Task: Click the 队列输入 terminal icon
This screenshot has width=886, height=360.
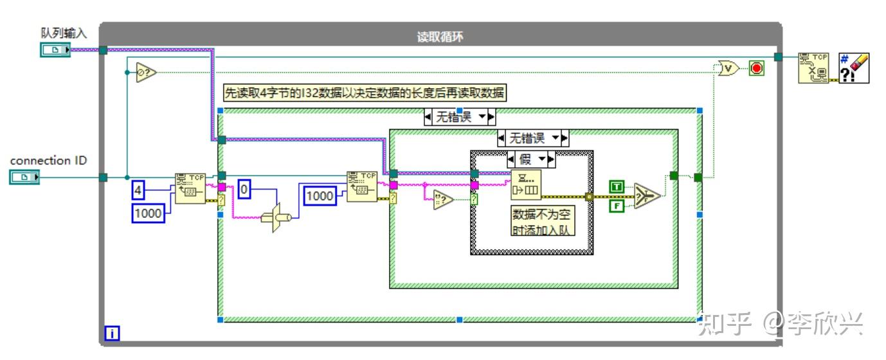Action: click(x=55, y=50)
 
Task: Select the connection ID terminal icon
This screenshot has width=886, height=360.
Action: click(x=24, y=177)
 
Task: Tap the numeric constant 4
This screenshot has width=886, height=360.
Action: click(x=138, y=190)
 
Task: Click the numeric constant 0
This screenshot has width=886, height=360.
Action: click(x=244, y=189)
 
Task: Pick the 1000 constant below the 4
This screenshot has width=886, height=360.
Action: click(x=149, y=213)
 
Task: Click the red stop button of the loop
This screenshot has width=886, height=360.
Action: click(x=756, y=68)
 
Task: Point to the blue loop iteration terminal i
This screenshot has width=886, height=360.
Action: click(x=112, y=333)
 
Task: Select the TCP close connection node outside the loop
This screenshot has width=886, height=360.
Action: click(x=813, y=68)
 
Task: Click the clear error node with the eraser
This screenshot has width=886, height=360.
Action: click(x=854, y=68)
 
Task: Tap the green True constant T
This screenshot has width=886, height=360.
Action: click(x=617, y=186)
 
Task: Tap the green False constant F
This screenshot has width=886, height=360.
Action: click(x=617, y=206)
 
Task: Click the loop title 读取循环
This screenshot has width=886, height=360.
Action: click(x=440, y=37)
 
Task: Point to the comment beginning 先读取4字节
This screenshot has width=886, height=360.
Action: click(x=365, y=93)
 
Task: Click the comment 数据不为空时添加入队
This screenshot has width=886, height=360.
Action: click(x=543, y=222)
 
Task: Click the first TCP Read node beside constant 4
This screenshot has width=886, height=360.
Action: click(x=190, y=188)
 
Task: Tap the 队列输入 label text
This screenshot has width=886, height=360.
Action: click(x=64, y=33)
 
